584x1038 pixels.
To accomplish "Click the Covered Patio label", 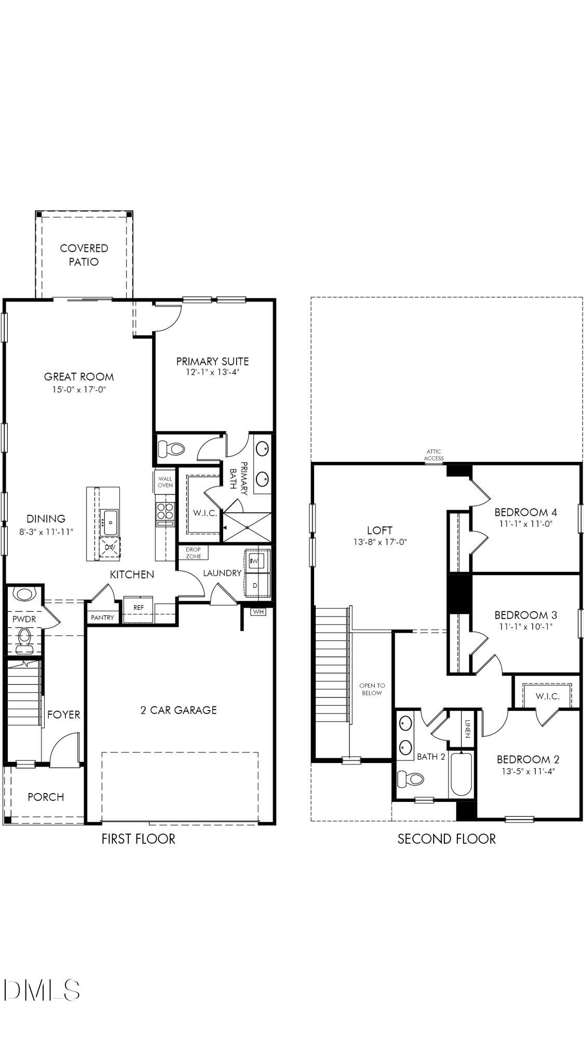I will (84, 255).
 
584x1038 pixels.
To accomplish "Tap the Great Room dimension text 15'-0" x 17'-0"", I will (79, 389).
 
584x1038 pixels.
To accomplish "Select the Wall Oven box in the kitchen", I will (165, 482).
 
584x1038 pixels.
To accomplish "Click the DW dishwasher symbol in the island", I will (110, 547).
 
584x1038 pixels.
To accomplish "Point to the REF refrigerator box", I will (138, 608).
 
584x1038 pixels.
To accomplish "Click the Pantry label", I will (102, 618).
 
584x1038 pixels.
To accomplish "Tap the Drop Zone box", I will (193, 553).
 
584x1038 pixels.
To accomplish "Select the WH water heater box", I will (258, 612).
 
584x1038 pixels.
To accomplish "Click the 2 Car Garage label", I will (179, 710).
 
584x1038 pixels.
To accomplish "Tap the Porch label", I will (46, 797).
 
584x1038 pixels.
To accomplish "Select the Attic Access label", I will (433, 455).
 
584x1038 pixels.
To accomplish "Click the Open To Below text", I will (372, 689).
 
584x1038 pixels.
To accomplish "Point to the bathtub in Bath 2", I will (460, 774).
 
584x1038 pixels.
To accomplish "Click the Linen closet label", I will (467, 729).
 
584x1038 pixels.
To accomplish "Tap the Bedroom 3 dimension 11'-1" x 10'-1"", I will (526, 626).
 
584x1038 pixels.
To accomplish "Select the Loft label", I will (379, 530).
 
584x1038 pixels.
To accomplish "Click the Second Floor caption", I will (446, 839).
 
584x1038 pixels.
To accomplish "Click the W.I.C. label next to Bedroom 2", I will (547, 696).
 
